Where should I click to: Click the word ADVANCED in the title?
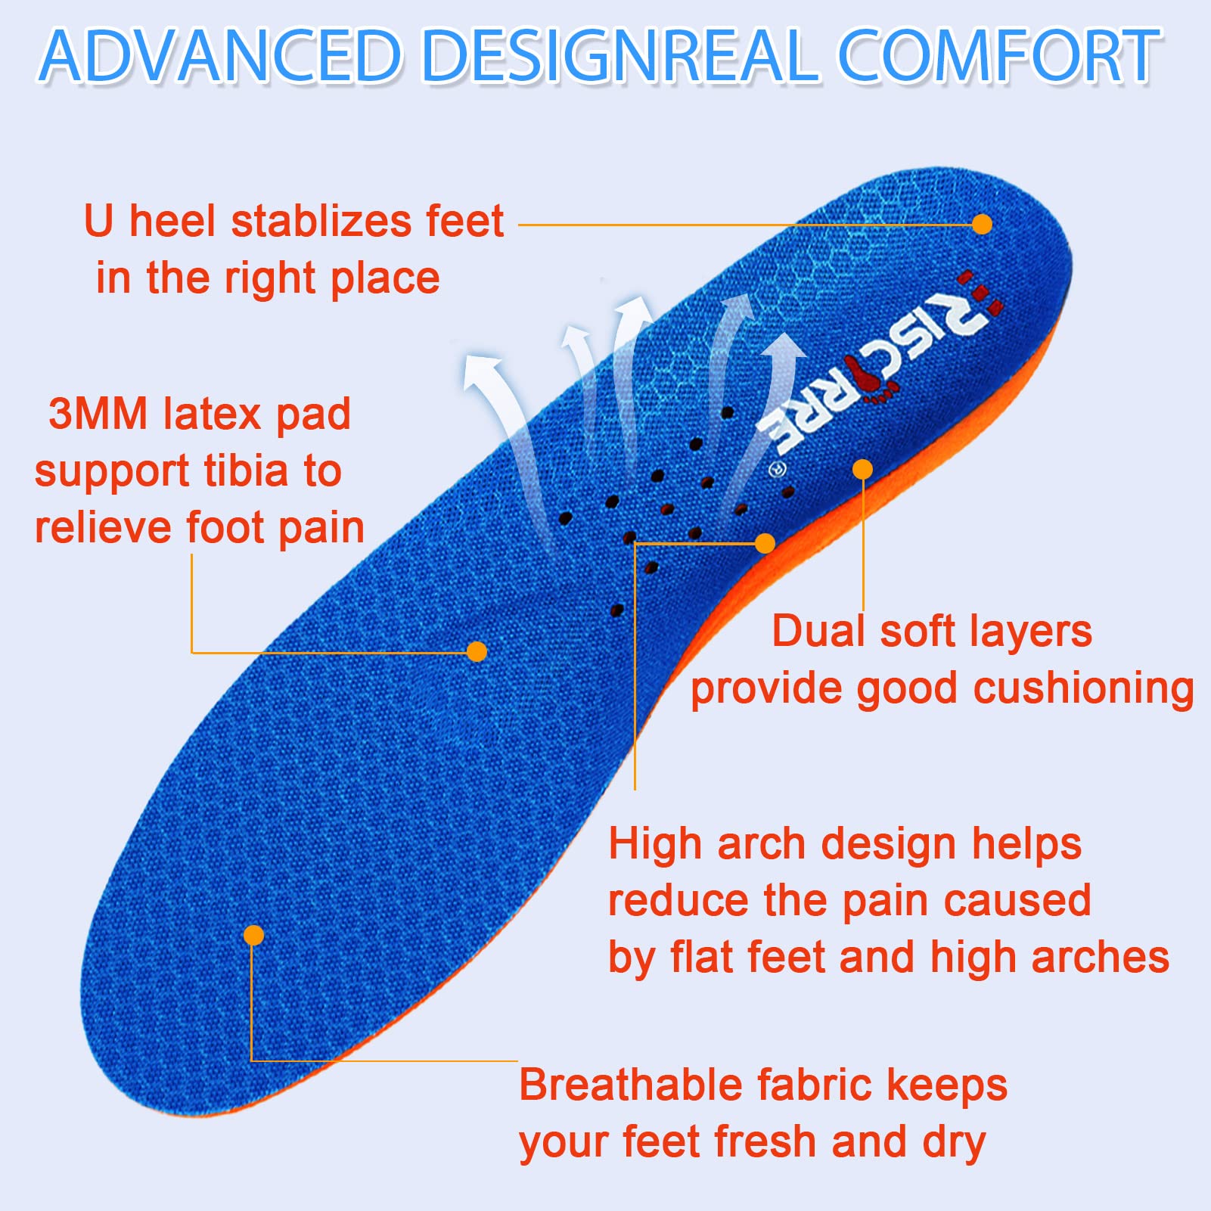click(219, 56)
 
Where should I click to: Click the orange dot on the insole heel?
click(982, 224)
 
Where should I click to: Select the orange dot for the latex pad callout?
click(477, 651)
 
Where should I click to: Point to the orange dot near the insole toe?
click(254, 936)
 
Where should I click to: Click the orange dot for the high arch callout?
click(765, 543)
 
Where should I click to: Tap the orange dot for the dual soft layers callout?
click(862, 470)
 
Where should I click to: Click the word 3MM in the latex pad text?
click(98, 415)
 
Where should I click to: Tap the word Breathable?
click(631, 1085)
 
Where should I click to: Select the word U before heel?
click(99, 222)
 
